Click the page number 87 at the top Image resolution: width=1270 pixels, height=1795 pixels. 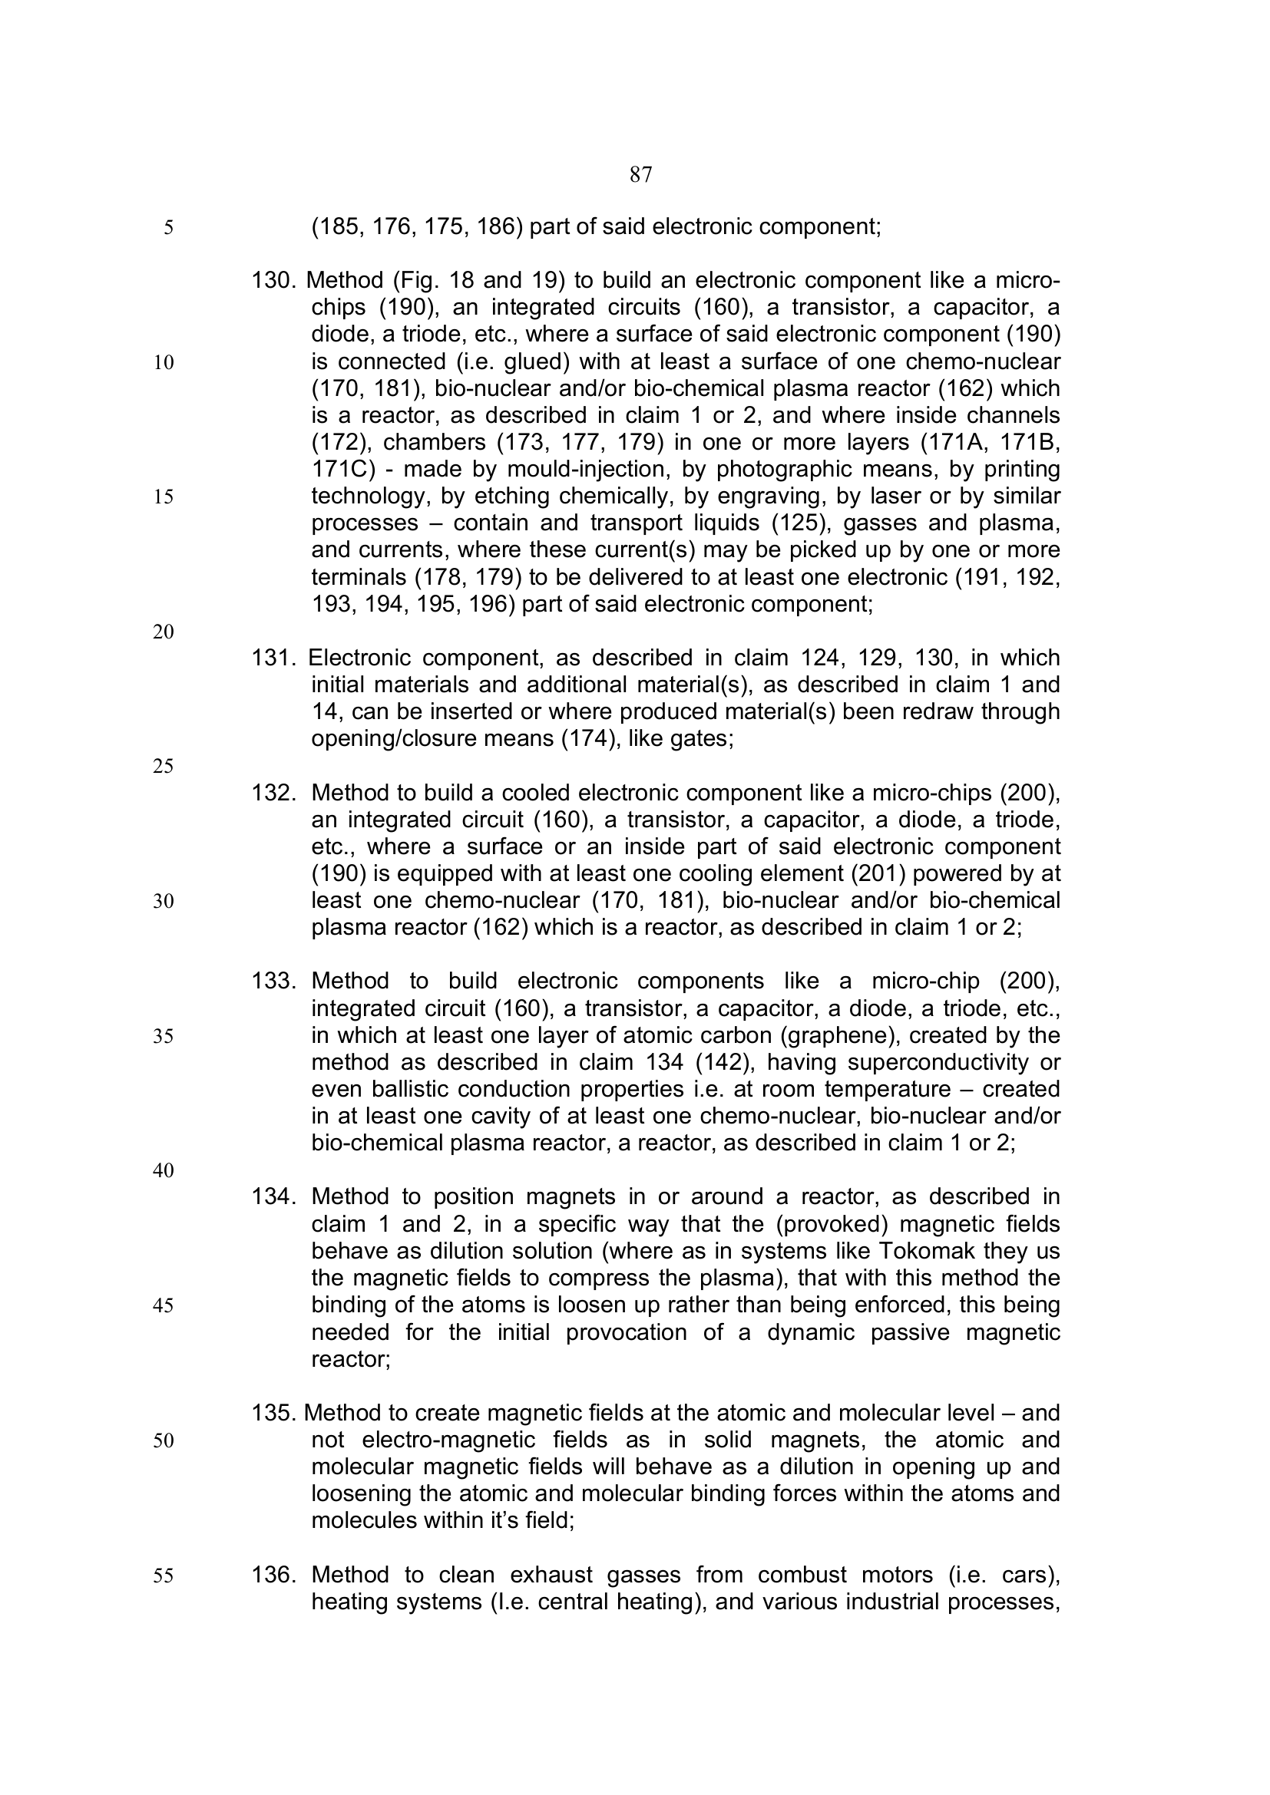click(x=640, y=175)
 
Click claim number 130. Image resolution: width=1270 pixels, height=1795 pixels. click(x=273, y=280)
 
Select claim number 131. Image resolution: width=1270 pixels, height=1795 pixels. click(x=273, y=658)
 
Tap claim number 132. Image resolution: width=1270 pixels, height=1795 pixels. click(x=273, y=793)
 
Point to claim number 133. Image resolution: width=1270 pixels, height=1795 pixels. click(x=273, y=982)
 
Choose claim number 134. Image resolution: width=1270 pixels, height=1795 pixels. click(x=273, y=1197)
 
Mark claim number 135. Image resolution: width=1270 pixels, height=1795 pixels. click(x=273, y=1414)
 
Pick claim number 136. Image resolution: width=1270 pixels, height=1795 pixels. click(x=273, y=1575)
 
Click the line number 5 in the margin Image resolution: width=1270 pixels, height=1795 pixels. click(x=168, y=228)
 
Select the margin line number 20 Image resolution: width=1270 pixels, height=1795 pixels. click(x=164, y=632)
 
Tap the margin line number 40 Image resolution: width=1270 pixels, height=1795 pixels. click(x=164, y=1170)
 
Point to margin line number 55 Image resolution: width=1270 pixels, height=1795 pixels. click(x=164, y=1576)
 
